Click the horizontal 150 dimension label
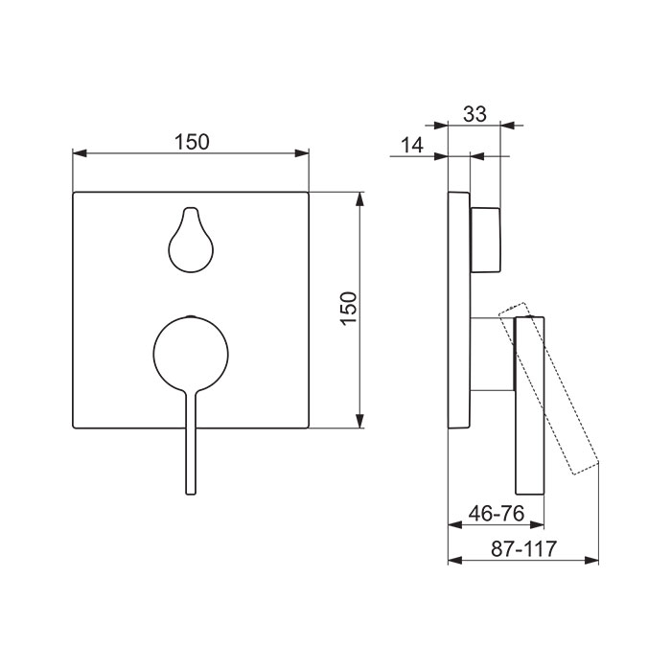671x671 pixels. pos(192,142)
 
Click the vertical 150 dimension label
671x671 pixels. pos(349,309)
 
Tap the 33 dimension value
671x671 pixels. pos(475,114)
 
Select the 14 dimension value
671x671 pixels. pos(412,145)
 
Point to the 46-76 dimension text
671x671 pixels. pos(497,513)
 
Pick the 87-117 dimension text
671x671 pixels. pos(523,549)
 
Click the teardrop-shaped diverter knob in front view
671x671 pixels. pos(191,240)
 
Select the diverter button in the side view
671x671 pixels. pos(485,240)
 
